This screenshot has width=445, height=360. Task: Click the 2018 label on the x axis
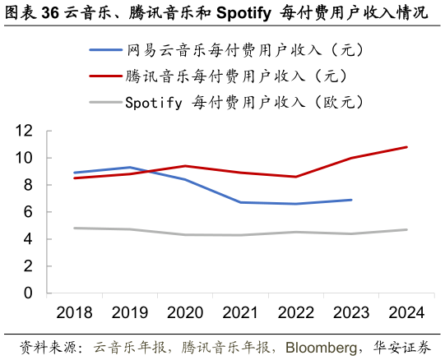tap(74, 313)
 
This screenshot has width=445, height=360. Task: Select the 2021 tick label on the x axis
tap(240, 313)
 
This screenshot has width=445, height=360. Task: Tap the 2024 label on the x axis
tap(406, 313)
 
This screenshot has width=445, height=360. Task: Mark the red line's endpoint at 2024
tap(406, 147)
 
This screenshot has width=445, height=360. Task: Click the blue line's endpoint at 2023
tap(351, 200)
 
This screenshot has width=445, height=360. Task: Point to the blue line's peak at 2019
tap(130, 168)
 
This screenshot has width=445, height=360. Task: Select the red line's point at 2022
tap(296, 177)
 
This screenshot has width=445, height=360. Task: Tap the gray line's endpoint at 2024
tap(406, 229)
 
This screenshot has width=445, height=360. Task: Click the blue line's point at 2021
tap(240, 202)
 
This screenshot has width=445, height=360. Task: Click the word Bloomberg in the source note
tap(322, 348)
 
